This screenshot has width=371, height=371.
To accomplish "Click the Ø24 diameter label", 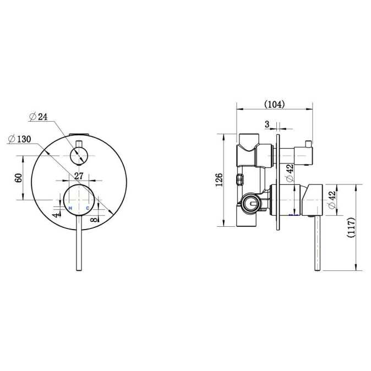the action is (x=39, y=117).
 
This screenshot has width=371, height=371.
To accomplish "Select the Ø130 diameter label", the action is (x=19, y=139).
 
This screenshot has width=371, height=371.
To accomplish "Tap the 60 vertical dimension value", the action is (x=19, y=178).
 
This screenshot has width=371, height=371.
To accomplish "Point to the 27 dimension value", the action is (x=79, y=176).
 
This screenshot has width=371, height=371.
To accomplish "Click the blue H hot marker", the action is (x=70, y=208).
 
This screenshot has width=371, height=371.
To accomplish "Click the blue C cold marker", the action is (x=88, y=208).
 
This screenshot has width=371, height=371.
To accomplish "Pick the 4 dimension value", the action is (x=56, y=215).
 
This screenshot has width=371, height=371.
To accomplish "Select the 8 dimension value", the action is (x=94, y=220).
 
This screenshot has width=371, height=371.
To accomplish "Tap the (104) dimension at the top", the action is (x=275, y=105).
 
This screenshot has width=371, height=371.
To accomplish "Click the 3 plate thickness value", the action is (x=267, y=124).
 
